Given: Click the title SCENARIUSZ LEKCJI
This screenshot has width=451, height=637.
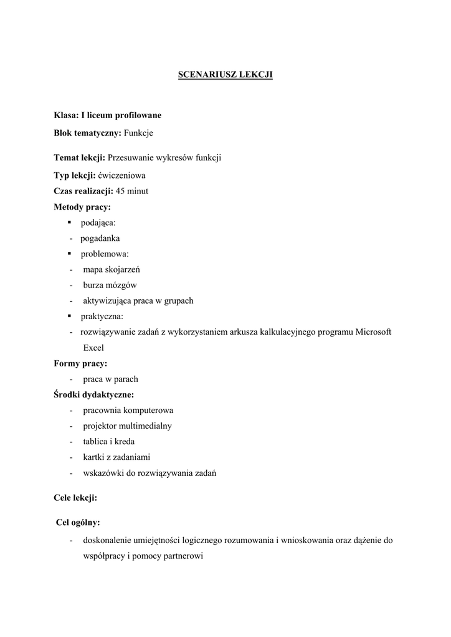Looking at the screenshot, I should click(x=225, y=75).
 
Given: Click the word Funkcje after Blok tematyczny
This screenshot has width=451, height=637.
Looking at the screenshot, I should click(x=139, y=133).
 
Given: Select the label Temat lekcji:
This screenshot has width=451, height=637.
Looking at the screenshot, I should click(x=79, y=158).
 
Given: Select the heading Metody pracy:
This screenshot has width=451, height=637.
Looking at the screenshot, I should click(x=82, y=207).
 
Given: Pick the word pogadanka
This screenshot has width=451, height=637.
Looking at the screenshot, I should click(x=100, y=238).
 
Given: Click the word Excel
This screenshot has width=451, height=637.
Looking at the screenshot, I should click(x=93, y=348).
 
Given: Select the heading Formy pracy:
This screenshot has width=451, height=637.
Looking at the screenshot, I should click(x=80, y=363).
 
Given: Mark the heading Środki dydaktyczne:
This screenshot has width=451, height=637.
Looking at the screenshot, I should click(x=94, y=394).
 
